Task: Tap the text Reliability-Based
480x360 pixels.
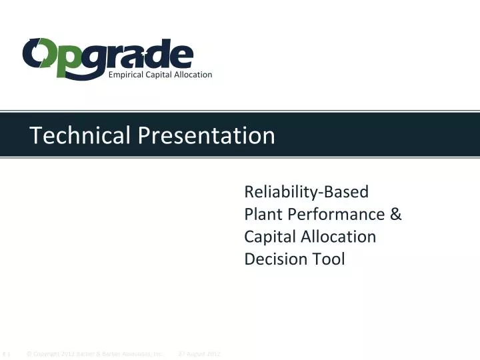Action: (x=306, y=192)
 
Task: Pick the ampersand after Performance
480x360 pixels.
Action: (x=395, y=215)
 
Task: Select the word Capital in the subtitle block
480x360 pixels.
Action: (x=271, y=237)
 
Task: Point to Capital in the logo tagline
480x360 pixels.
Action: (x=164, y=75)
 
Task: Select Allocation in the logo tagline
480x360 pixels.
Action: (x=195, y=75)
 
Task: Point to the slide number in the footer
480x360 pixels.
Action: (x=6, y=353)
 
